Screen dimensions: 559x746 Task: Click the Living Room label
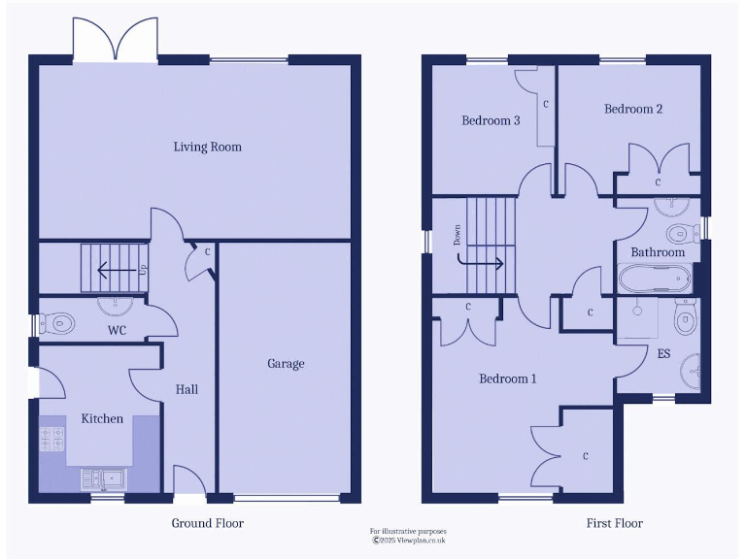point(207,148)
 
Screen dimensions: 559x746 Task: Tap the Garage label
point(286,364)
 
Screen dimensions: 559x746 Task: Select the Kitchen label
point(102,419)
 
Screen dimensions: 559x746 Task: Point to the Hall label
point(186,389)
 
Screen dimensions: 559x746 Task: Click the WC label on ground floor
point(118,331)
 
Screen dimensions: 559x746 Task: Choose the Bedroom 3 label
point(491,121)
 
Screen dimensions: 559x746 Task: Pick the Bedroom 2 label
point(633,110)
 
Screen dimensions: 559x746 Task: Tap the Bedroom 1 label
point(507,379)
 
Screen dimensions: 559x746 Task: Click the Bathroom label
point(658,252)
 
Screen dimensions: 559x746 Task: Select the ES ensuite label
point(663,354)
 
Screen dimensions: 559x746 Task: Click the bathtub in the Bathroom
point(655,279)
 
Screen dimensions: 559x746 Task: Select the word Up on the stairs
point(144,269)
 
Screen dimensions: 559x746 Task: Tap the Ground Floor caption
point(208,523)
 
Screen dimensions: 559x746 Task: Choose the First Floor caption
point(614,523)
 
